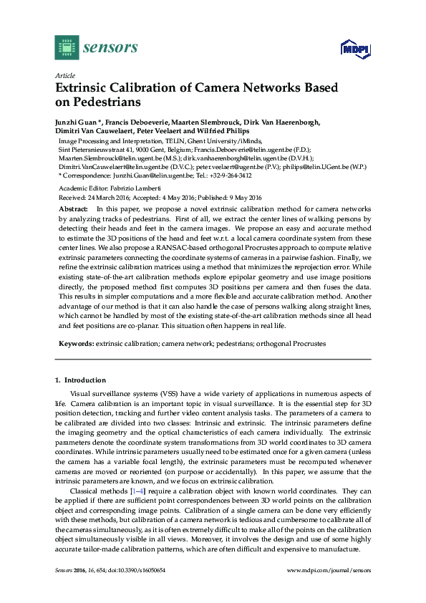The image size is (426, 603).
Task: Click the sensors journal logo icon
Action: point(66,48)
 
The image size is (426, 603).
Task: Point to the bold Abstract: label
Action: point(73,207)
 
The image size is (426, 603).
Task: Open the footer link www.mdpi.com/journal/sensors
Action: point(329,589)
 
